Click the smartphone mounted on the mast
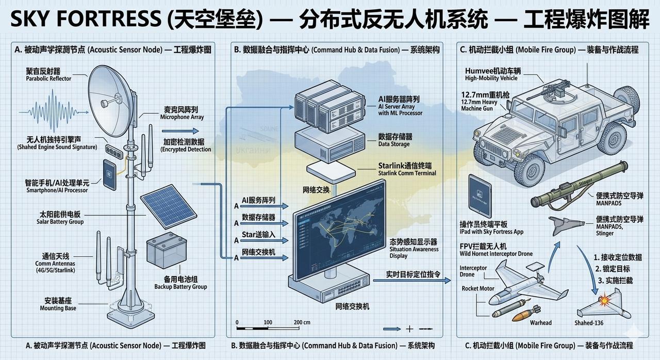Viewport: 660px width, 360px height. point(109,174)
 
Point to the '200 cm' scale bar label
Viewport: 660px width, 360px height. point(302,322)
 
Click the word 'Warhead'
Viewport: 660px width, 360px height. point(540,323)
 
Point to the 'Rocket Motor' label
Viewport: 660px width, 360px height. point(478,288)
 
